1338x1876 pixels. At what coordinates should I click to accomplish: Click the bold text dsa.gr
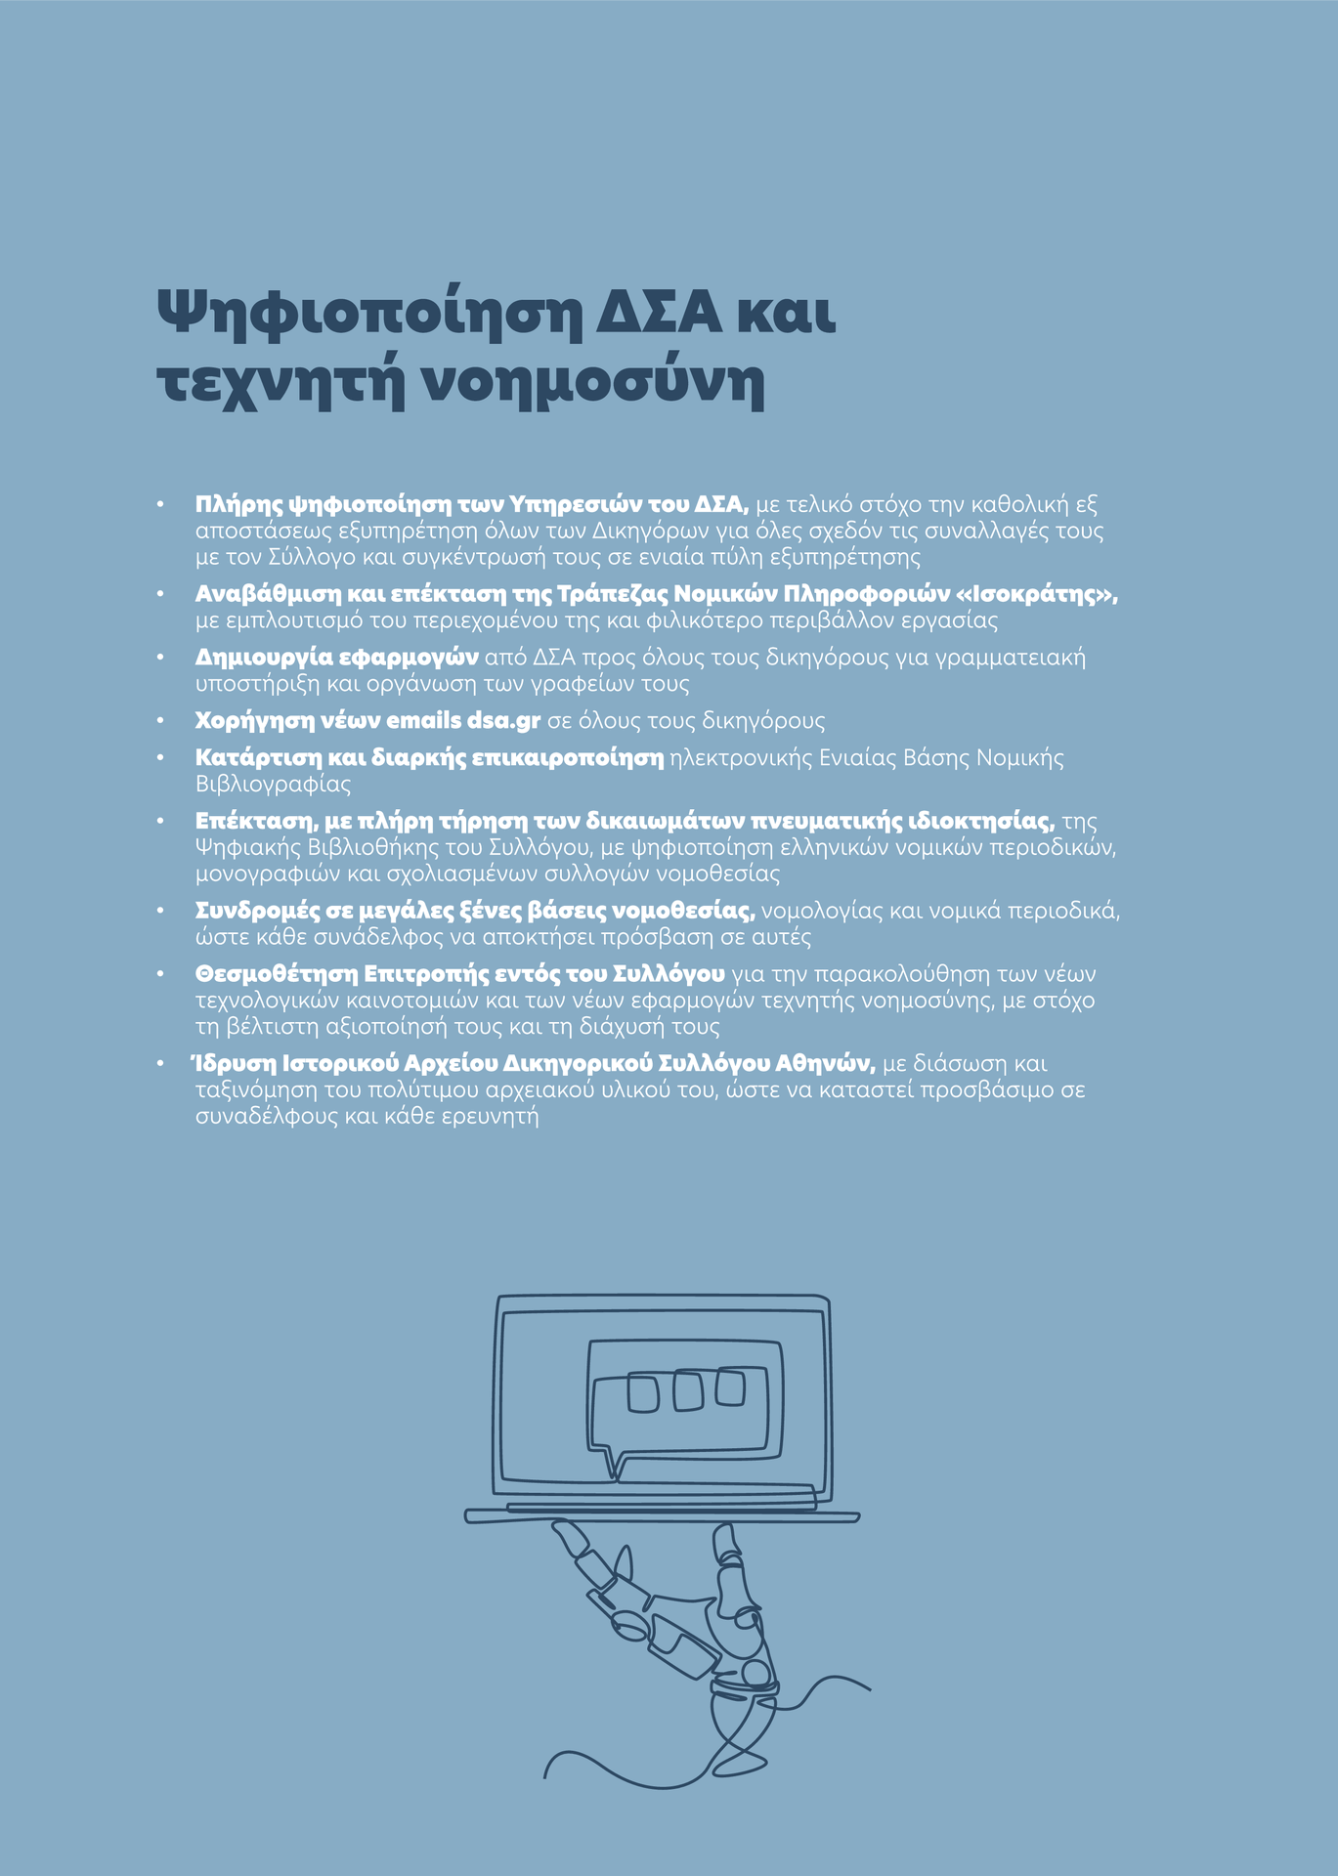(503, 721)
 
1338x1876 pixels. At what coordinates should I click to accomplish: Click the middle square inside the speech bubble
(688, 1391)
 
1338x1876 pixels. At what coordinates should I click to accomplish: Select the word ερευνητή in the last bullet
(498, 1116)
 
